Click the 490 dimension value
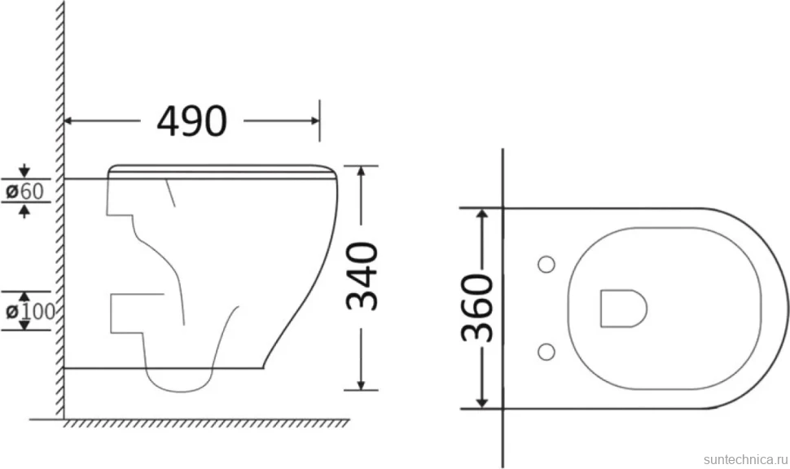[192, 121]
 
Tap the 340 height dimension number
[362, 275]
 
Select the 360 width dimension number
[476, 308]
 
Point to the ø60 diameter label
[24, 191]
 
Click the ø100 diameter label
[30, 311]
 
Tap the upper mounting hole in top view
[546, 265]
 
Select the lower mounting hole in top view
[546, 352]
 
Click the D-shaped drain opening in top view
[623, 309]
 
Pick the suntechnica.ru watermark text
[745, 459]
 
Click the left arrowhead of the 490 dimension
[69, 121]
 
